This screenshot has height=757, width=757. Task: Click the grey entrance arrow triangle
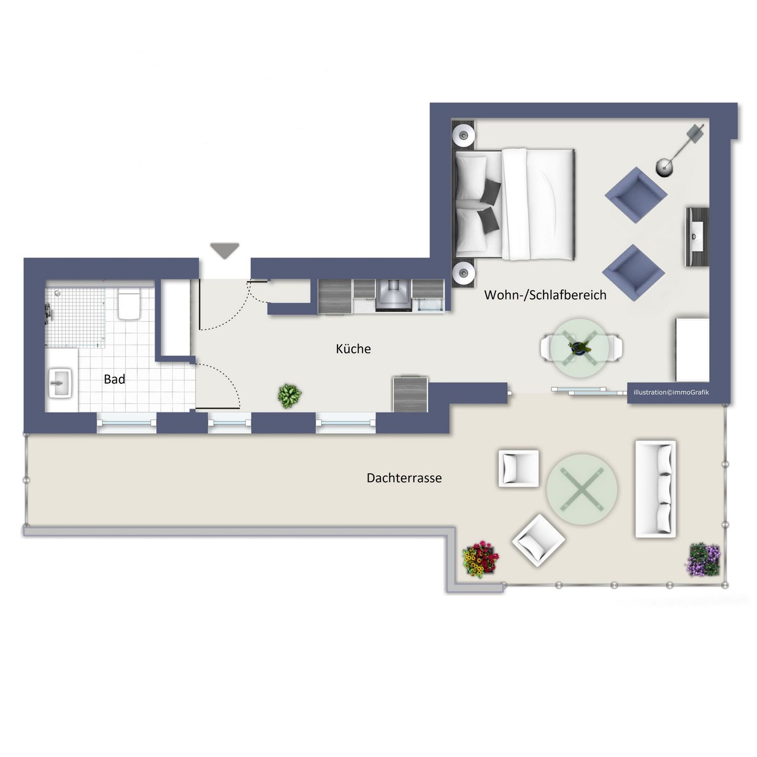pos(225,250)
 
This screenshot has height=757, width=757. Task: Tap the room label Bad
pos(114,379)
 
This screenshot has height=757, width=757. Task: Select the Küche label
pos(353,349)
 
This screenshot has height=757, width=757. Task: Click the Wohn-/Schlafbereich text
pos(545,295)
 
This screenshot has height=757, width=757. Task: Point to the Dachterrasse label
pos(404,478)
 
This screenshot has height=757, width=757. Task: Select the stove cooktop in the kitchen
pos(393,296)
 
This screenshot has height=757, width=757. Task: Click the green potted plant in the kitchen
pos(290,395)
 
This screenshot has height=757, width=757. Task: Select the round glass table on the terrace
pos(582,489)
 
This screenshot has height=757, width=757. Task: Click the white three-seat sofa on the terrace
pos(655,489)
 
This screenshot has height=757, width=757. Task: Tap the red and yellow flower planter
pos(480,559)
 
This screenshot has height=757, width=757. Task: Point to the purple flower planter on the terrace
pos(703,560)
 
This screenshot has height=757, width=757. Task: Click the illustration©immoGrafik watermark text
pos(671,392)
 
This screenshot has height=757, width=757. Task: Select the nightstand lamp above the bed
pos(464,136)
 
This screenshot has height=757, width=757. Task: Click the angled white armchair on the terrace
pos(538,539)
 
